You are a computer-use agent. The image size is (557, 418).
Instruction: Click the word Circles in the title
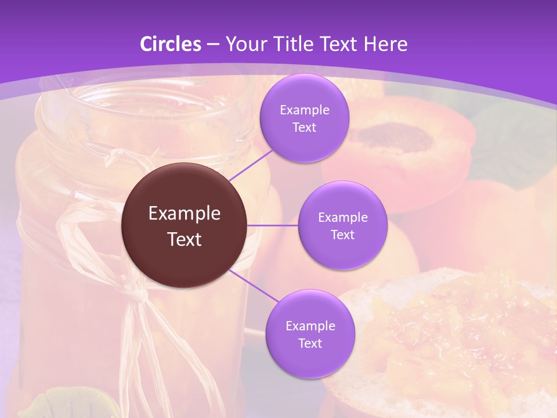coord(171,44)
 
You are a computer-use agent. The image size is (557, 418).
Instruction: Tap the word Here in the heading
coord(386,44)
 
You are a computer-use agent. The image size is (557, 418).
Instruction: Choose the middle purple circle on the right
coord(342,250)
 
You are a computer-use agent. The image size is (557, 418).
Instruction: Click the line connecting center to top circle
coord(251,165)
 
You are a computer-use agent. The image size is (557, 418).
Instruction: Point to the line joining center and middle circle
coord(273,225)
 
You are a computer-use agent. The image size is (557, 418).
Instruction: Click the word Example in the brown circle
coord(184,214)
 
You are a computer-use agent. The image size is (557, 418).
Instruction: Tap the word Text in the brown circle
coord(184,239)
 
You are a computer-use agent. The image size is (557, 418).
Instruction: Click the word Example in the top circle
coord(304,110)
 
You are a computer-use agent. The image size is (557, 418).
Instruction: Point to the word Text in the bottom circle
coord(310,343)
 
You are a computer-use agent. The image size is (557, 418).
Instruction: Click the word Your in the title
coord(243,44)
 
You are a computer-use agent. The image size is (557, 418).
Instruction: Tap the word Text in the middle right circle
coord(342,235)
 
